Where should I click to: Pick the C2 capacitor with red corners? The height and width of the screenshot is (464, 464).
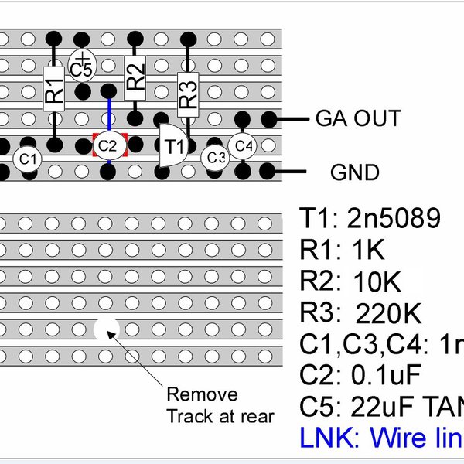pyautogui.click(x=107, y=145)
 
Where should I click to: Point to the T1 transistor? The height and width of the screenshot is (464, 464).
pyautogui.click(x=172, y=145)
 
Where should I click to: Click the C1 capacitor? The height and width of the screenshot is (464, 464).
pyautogui.click(x=28, y=159)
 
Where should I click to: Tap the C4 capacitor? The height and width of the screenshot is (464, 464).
pyautogui.click(x=243, y=145)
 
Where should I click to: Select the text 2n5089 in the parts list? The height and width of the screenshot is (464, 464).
pyautogui.click(x=392, y=220)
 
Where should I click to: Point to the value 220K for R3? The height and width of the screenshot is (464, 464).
pyautogui.click(x=388, y=313)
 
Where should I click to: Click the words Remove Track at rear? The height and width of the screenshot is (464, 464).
pyautogui.click(x=220, y=404)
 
